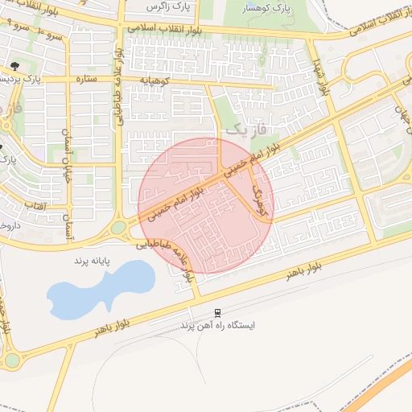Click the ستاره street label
tap(86, 80)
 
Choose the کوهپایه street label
tap(153, 80)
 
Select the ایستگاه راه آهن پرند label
tap(217, 327)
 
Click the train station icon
tap(217, 312)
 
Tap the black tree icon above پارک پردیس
tap(14, 65)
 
